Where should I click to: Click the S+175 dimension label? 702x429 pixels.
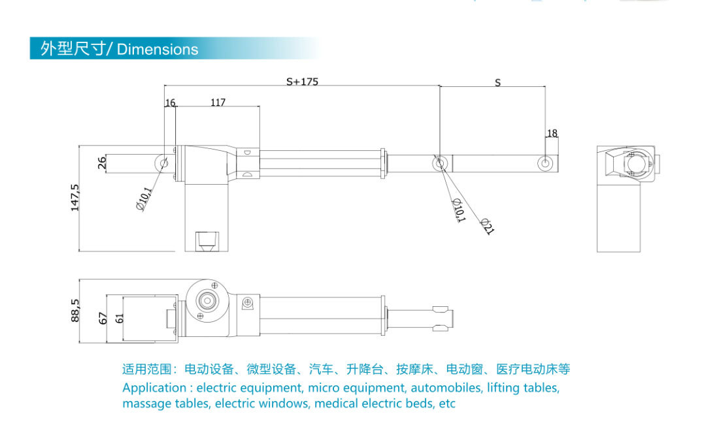click(x=302, y=82)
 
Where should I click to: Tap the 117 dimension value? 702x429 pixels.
click(x=218, y=103)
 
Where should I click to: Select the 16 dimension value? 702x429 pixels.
click(x=170, y=103)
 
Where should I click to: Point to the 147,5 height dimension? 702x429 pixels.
click(x=75, y=197)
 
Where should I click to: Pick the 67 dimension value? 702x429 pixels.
click(x=103, y=318)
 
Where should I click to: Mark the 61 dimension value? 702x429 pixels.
click(x=118, y=318)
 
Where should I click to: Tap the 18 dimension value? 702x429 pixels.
click(x=552, y=133)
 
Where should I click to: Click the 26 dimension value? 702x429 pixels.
click(x=102, y=163)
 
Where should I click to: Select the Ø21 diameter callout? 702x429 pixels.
click(x=486, y=226)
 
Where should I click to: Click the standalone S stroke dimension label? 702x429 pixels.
click(x=497, y=83)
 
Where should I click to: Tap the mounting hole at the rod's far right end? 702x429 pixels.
click(x=545, y=163)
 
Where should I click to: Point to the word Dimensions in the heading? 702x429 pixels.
click(x=158, y=50)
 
